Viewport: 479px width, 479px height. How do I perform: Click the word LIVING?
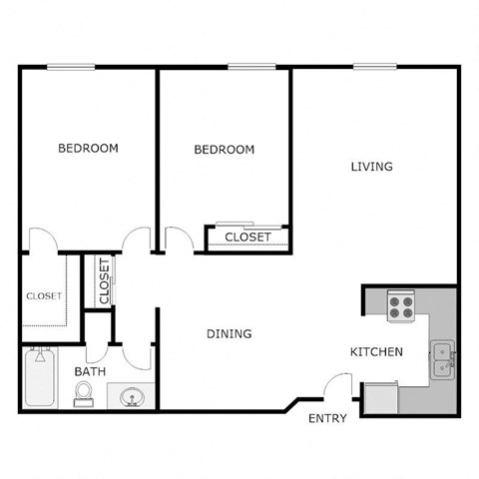(371, 167)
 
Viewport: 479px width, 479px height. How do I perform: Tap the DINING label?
(229, 333)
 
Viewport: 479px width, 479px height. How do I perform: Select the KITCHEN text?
(376, 351)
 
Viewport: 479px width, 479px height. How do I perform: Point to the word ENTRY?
(327, 418)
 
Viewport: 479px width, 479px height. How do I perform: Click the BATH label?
(90, 372)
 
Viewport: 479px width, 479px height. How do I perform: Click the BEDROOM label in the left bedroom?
(88, 148)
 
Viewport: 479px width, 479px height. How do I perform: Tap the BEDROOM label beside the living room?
(224, 150)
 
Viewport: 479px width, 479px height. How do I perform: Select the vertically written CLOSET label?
(104, 282)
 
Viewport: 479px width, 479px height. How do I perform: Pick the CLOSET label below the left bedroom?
(43, 295)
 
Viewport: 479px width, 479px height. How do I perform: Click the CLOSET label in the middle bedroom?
(248, 238)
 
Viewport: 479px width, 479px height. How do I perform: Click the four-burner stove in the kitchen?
(401, 305)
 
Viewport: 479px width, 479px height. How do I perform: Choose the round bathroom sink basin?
(130, 399)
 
